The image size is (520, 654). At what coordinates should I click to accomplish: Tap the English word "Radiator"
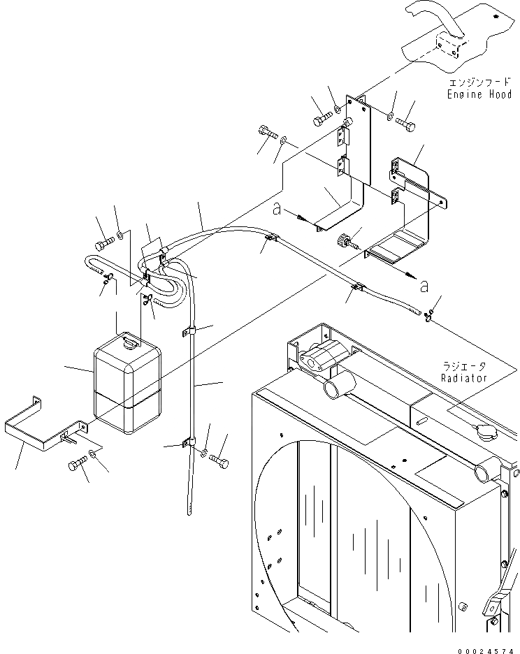463,377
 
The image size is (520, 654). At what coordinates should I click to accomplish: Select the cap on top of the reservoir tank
132,342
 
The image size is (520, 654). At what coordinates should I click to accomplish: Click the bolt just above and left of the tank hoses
103,245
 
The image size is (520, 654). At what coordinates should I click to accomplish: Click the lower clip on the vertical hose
189,442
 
